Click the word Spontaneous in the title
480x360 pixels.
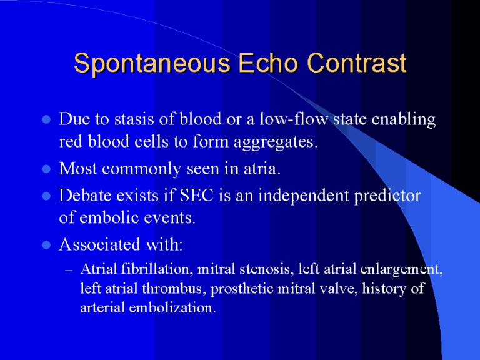pyautogui.click(x=152, y=64)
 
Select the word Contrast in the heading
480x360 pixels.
pyautogui.click(x=357, y=62)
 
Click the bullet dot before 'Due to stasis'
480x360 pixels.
pyautogui.click(x=46, y=119)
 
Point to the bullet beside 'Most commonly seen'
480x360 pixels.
pyautogui.click(x=46, y=169)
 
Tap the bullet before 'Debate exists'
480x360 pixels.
pyautogui.click(x=46, y=196)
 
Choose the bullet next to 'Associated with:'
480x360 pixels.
pyautogui.click(x=46, y=245)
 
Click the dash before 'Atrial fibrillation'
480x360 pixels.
pyautogui.click(x=69, y=270)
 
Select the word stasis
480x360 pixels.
pyautogui.click(x=134, y=119)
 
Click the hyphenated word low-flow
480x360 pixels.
pyautogui.click(x=294, y=119)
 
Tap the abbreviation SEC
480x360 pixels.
pyautogui.click(x=196, y=195)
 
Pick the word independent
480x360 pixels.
pyautogui.click(x=304, y=196)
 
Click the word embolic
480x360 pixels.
pyautogui.click(x=109, y=217)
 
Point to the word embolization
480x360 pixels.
pyautogui.click(x=172, y=307)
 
